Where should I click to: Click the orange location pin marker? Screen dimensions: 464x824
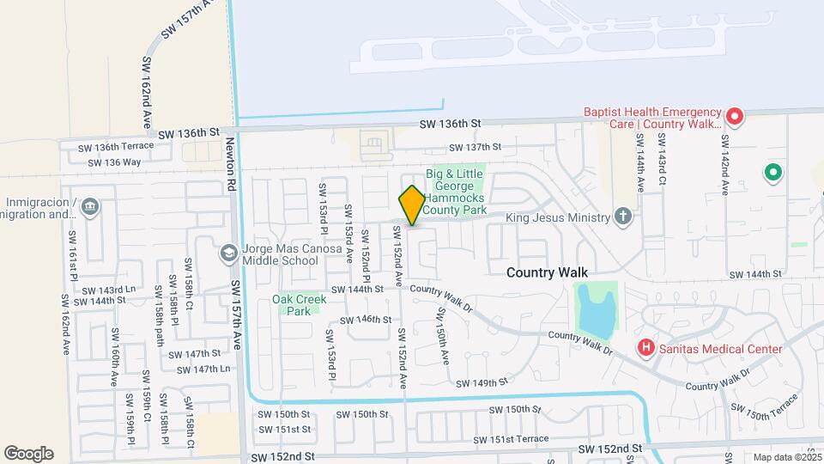pyautogui.click(x=412, y=205)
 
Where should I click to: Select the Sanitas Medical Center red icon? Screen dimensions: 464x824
pyautogui.click(x=646, y=348)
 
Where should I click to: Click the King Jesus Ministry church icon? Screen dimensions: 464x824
pyautogui.click(x=624, y=217)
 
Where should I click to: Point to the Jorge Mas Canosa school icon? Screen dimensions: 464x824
pyautogui.click(x=228, y=253)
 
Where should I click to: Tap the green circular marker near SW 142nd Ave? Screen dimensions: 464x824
pyautogui.click(x=772, y=174)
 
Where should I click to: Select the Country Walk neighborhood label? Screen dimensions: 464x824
pyautogui.click(x=547, y=272)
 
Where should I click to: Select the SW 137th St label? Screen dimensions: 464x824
pyautogui.click(x=469, y=147)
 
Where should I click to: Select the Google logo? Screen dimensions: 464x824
pyautogui.click(x=28, y=454)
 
